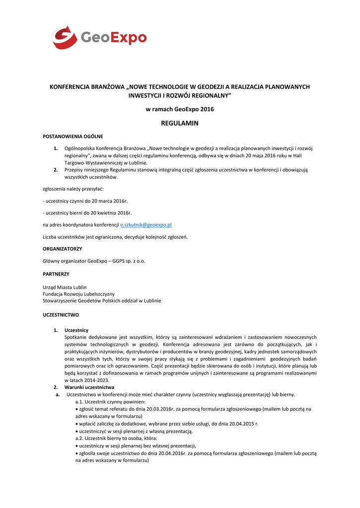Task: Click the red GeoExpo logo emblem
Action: pyautogui.click(x=64, y=38)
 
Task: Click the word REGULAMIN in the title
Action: pyautogui.click(x=179, y=123)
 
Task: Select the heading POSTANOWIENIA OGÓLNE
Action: pyautogui.click(x=73, y=136)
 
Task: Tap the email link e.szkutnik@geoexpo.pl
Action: pyautogui.click(x=146, y=225)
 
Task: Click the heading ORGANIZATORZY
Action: pyautogui.click(x=63, y=249)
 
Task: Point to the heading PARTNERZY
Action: pyautogui.click(x=56, y=274)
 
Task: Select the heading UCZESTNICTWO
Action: pyautogui.click(x=61, y=315)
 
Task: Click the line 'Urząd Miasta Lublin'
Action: pyautogui.click(x=65, y=287)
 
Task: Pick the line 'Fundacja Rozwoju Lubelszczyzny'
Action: pyautogui.click(x=78, y=294)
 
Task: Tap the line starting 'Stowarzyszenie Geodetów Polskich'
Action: pyautogui.click(x=102, y=301)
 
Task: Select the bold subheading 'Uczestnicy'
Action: pyautogui.click(x=76, y=330)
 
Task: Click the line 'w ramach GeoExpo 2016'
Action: pyautogui.click(x=179, y=109)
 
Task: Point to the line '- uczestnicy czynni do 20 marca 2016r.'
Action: pyautogui.click(x=85, y=201)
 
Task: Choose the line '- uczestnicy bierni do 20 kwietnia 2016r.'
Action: pyautogui.click(x=87, y=213)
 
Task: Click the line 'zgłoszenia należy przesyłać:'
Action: pyautogui.click(x=73, y=189)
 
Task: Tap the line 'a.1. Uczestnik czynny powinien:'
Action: pyautogui.click(x=110, y=401)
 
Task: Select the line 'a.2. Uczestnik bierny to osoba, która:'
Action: pyautogui.click(x=116, y=439)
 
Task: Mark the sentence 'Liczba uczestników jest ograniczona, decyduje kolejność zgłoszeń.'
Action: pyautogui.click(x=115, y=237)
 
